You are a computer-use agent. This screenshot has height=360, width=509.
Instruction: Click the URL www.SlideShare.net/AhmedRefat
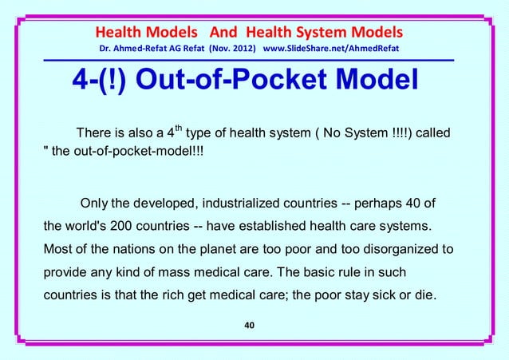coord(331,50)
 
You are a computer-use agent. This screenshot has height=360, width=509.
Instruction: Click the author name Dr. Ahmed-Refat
coord(130,50)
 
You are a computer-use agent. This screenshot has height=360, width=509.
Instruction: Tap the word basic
coord(308,269)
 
